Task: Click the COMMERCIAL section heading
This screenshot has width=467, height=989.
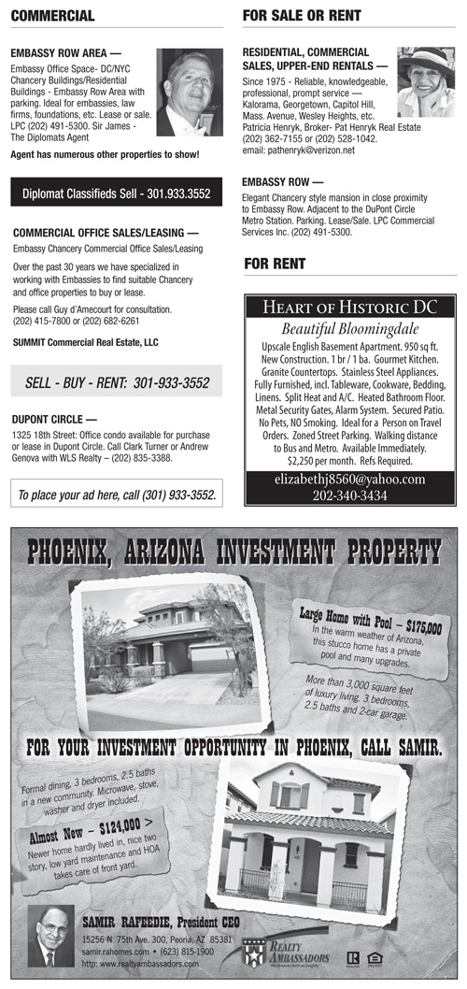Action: coord(53,16)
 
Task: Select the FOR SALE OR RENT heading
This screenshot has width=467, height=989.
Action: coord(300,16)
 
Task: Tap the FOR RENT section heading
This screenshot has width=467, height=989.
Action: coord(275,265)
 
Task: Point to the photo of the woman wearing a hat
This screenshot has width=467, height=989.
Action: coord(426,81)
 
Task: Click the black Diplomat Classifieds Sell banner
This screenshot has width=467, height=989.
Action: coord(117,193)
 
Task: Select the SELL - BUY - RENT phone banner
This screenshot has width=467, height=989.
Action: coord(117,382)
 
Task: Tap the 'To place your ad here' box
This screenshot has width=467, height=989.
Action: coord(118,494)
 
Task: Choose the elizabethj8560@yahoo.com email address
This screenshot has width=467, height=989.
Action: coord(349,480)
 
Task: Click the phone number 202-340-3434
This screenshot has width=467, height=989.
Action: coord(349,495)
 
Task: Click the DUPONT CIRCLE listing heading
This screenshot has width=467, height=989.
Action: coord(55,419)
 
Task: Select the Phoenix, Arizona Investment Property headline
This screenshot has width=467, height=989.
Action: coord(233,553)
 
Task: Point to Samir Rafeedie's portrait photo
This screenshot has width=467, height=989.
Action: coord(50,936)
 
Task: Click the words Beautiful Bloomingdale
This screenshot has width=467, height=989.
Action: coord(349,330)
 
